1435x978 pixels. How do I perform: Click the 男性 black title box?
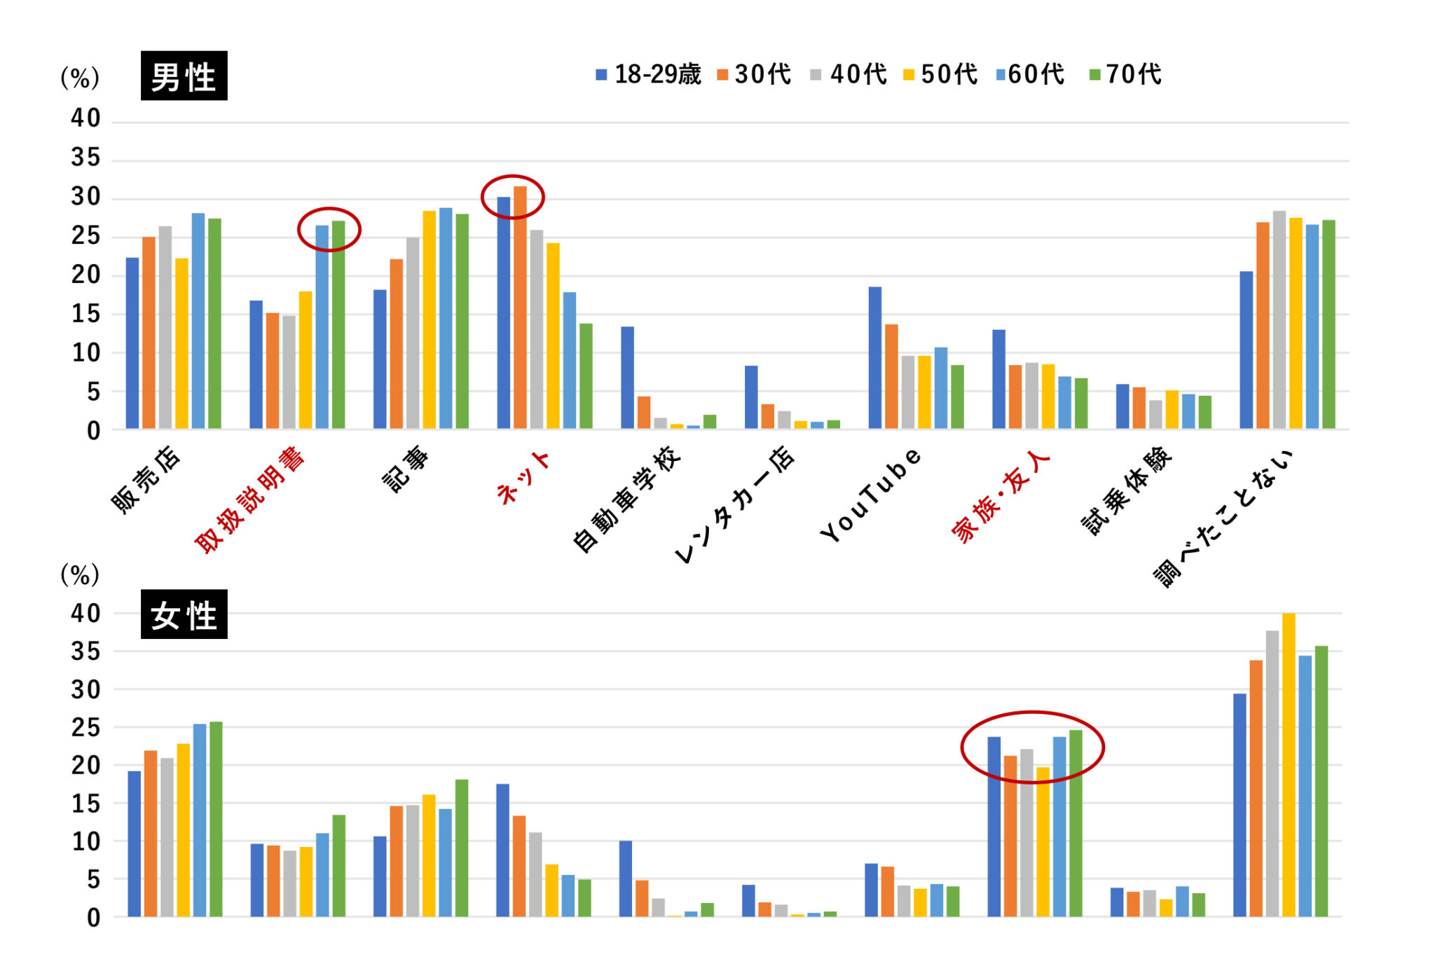click(184, 76)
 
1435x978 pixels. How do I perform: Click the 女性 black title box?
click(184, 614)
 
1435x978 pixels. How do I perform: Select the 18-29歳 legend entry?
click(649, 74)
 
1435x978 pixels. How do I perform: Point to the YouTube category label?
click(871, 495)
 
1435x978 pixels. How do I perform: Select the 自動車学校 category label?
click(626, 499)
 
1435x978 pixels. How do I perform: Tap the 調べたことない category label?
click(1223, 518)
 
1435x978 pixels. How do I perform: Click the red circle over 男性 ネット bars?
click(512, 197)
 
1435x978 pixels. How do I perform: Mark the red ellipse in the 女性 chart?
click(1032, 747)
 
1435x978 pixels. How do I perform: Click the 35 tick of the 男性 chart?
click(85, 158)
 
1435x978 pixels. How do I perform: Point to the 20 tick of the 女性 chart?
click(85, 765)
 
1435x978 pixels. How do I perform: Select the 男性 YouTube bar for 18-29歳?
click(875, 357)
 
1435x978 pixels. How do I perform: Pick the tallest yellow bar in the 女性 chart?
click(1289, 764)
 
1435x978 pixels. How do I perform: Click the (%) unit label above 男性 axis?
click(80, 78)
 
